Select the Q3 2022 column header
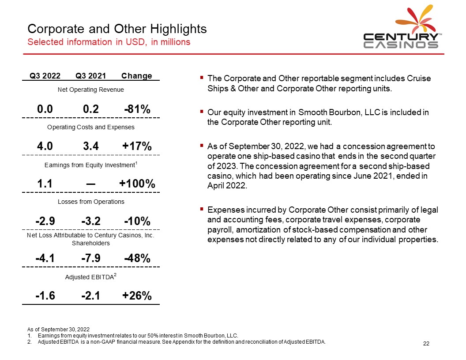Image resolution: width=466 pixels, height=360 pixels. [x=45, y=76]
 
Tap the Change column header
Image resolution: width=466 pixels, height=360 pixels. [x=136, y=76]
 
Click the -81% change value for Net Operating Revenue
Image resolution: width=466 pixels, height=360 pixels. [x=137, y=109]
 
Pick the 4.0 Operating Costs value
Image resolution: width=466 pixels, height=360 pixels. [x=45, y=146]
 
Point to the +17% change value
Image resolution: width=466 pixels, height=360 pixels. [x=137, y=146]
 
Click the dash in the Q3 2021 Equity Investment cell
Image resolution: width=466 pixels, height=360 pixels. [x=90, y=184]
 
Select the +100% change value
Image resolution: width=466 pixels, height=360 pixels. [x=137, y=184]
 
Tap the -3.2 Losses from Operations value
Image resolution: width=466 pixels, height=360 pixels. [x=90, y=221]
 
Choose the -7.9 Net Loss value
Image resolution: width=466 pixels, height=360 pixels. [x=90, y=258]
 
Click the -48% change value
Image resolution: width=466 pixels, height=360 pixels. [x=137, y=258]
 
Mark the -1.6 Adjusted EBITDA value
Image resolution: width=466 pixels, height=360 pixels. [x=45, y=296]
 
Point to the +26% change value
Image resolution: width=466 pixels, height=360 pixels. [x=137, y=296]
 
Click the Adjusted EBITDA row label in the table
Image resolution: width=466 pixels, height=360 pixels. [x=90, y=277]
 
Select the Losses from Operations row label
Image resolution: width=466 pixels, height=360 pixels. [x=91, y=202]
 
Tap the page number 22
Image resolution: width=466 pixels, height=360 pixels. [x=426, y=343]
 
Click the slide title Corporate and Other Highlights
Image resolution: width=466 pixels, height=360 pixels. [x=117, y=29]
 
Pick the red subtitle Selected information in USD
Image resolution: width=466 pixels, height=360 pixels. [x=109, y=42]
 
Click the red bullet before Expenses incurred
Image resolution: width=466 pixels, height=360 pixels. [x=202, y=209]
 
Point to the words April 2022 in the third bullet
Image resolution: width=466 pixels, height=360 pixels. [x=227, y=186]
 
